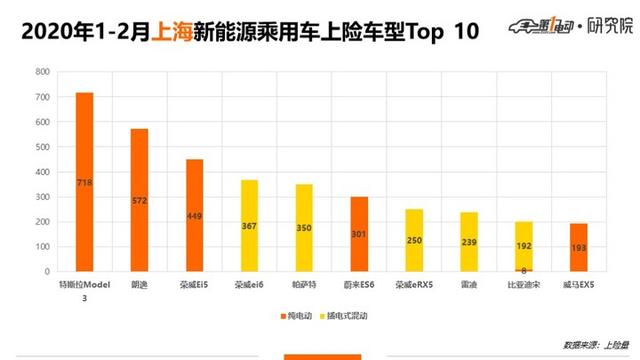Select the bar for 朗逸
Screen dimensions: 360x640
coord(139,200)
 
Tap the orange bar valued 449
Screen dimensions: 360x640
coord(194,215)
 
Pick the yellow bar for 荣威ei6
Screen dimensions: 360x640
coord(249,225)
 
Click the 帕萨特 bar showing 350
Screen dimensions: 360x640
coord(303,227)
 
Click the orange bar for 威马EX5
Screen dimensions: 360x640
coord(577,247)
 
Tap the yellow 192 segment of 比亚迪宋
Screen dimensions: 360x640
coord(522,244)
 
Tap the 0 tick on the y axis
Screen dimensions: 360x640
coord(45,271)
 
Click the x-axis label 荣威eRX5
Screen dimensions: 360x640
coord(413,283)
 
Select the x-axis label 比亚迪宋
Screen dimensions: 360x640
coord(522,283)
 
